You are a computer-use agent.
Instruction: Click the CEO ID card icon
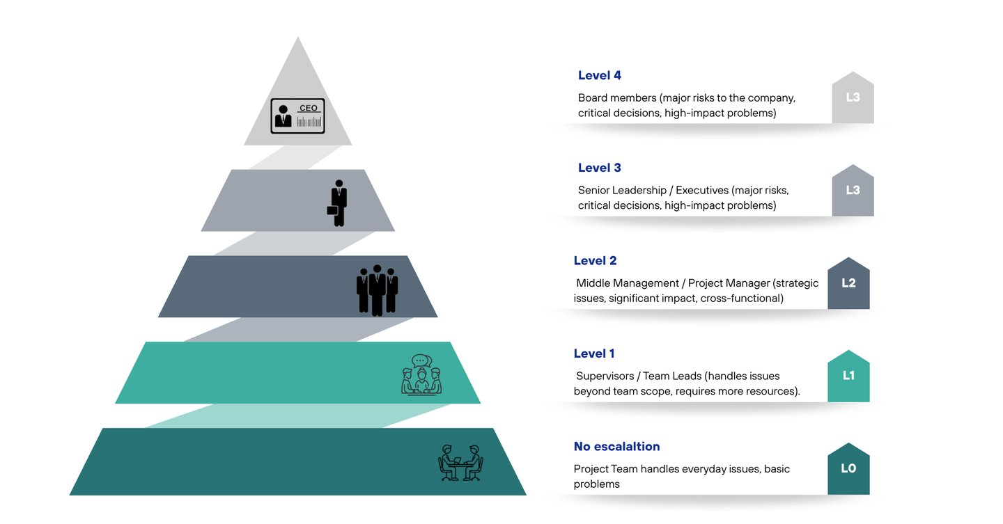click(297, 116)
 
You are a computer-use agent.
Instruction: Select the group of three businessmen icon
click(377, 289)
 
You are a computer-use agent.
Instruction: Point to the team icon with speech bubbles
click(421, 376)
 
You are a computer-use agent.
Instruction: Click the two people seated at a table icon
click(460, 463)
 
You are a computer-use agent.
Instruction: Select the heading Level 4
click(599, 75)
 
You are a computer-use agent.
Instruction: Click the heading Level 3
click(599, 168)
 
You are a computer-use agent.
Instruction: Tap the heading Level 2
click(595, 261)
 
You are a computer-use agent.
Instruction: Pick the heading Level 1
click(594, 354)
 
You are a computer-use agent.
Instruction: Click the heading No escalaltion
click(616, 446)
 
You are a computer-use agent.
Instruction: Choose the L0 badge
click(848, 470)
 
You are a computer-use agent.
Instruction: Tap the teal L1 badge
click(848, 376)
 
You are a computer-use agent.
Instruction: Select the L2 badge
click(848, 284)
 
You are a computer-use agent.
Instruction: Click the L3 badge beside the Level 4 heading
click(853, 98)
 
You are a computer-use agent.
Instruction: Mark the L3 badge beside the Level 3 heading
click(853, 191)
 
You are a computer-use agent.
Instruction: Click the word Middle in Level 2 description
click(593, 283)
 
